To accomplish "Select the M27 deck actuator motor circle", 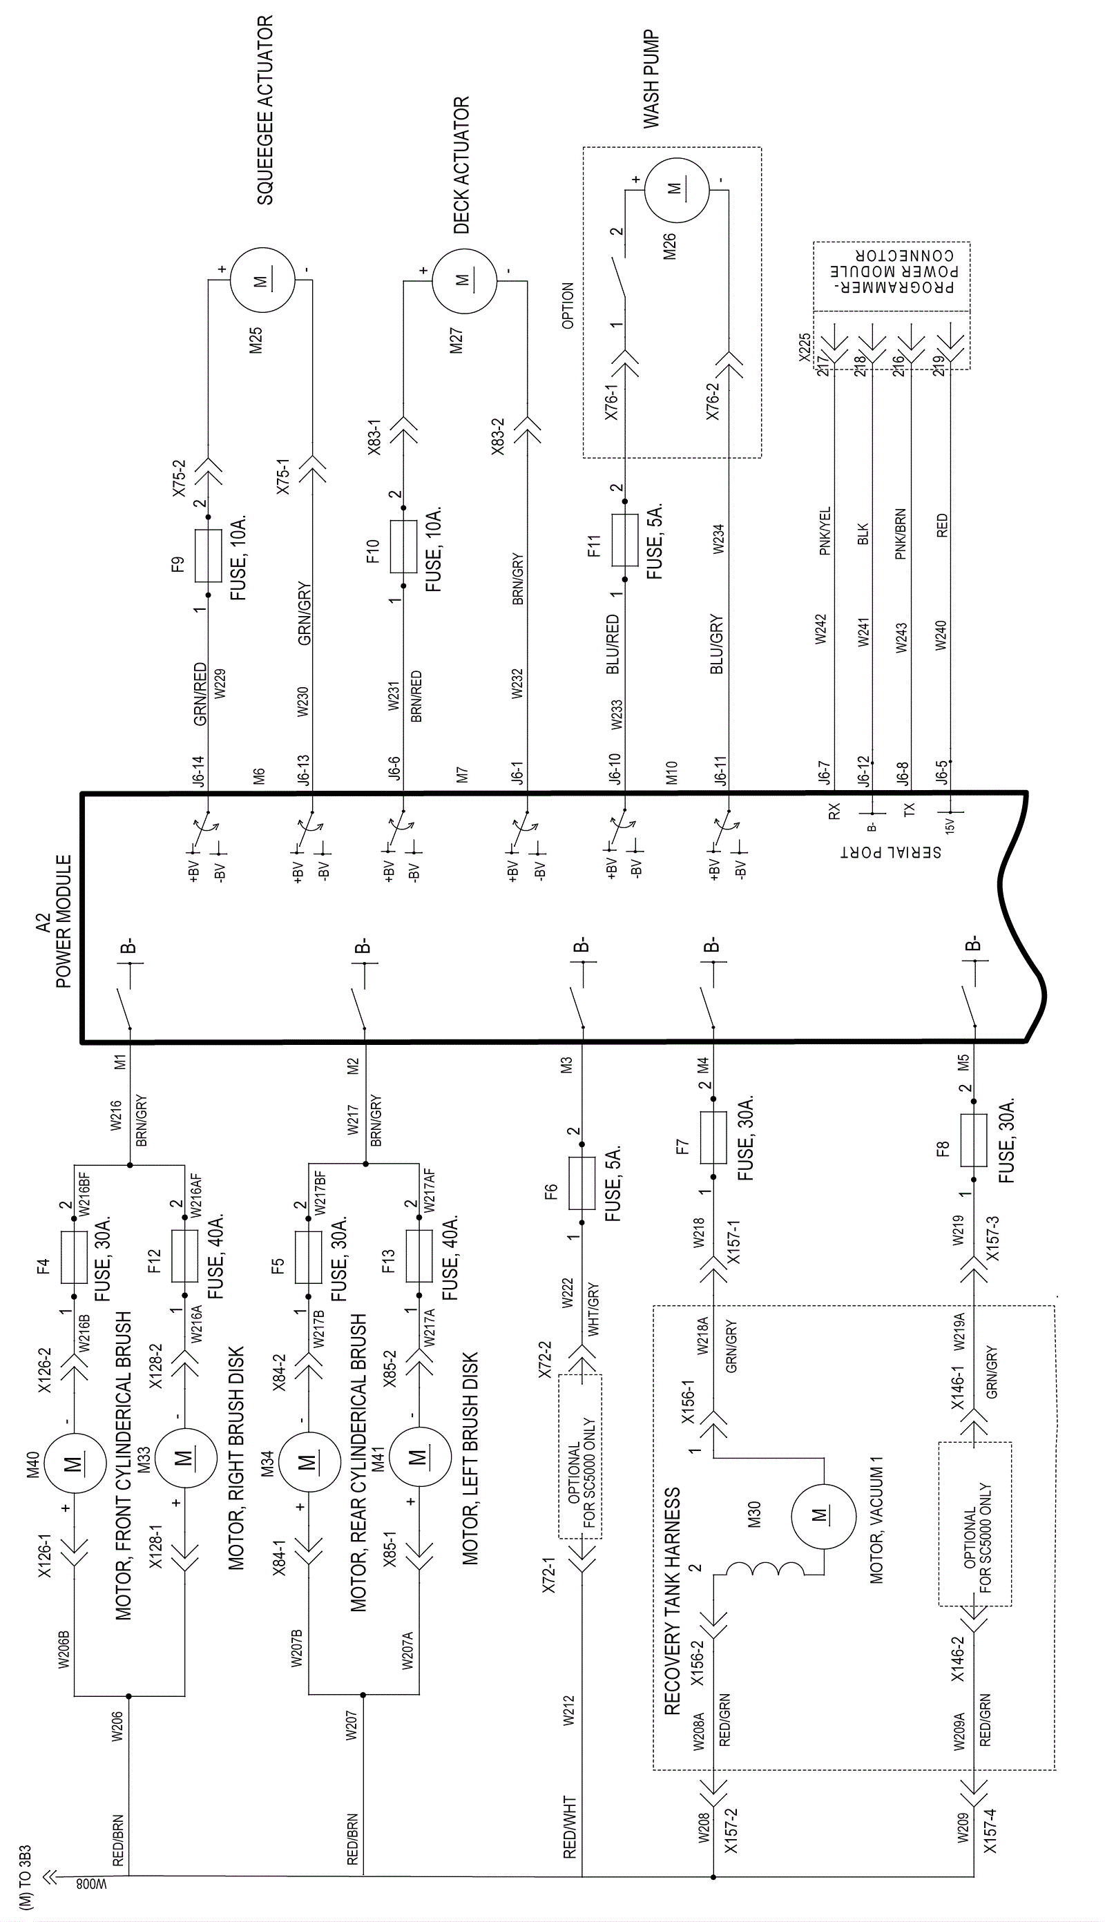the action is (463, 279).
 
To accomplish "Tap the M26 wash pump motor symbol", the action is (675, 190).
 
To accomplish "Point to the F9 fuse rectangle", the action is (208, 555).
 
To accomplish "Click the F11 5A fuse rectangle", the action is (624, 539).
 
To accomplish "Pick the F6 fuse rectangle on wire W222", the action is (582, 1183).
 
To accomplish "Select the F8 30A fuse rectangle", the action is (974, 1140).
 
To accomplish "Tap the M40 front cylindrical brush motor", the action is (75, 1463).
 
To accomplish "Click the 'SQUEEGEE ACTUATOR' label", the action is (265, 110).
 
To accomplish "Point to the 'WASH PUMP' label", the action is (651, 79).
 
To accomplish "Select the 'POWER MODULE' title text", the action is (64, 921).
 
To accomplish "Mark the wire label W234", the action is (718, 539).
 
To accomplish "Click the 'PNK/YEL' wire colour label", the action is (825, 531).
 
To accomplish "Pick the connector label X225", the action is (805, 347).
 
